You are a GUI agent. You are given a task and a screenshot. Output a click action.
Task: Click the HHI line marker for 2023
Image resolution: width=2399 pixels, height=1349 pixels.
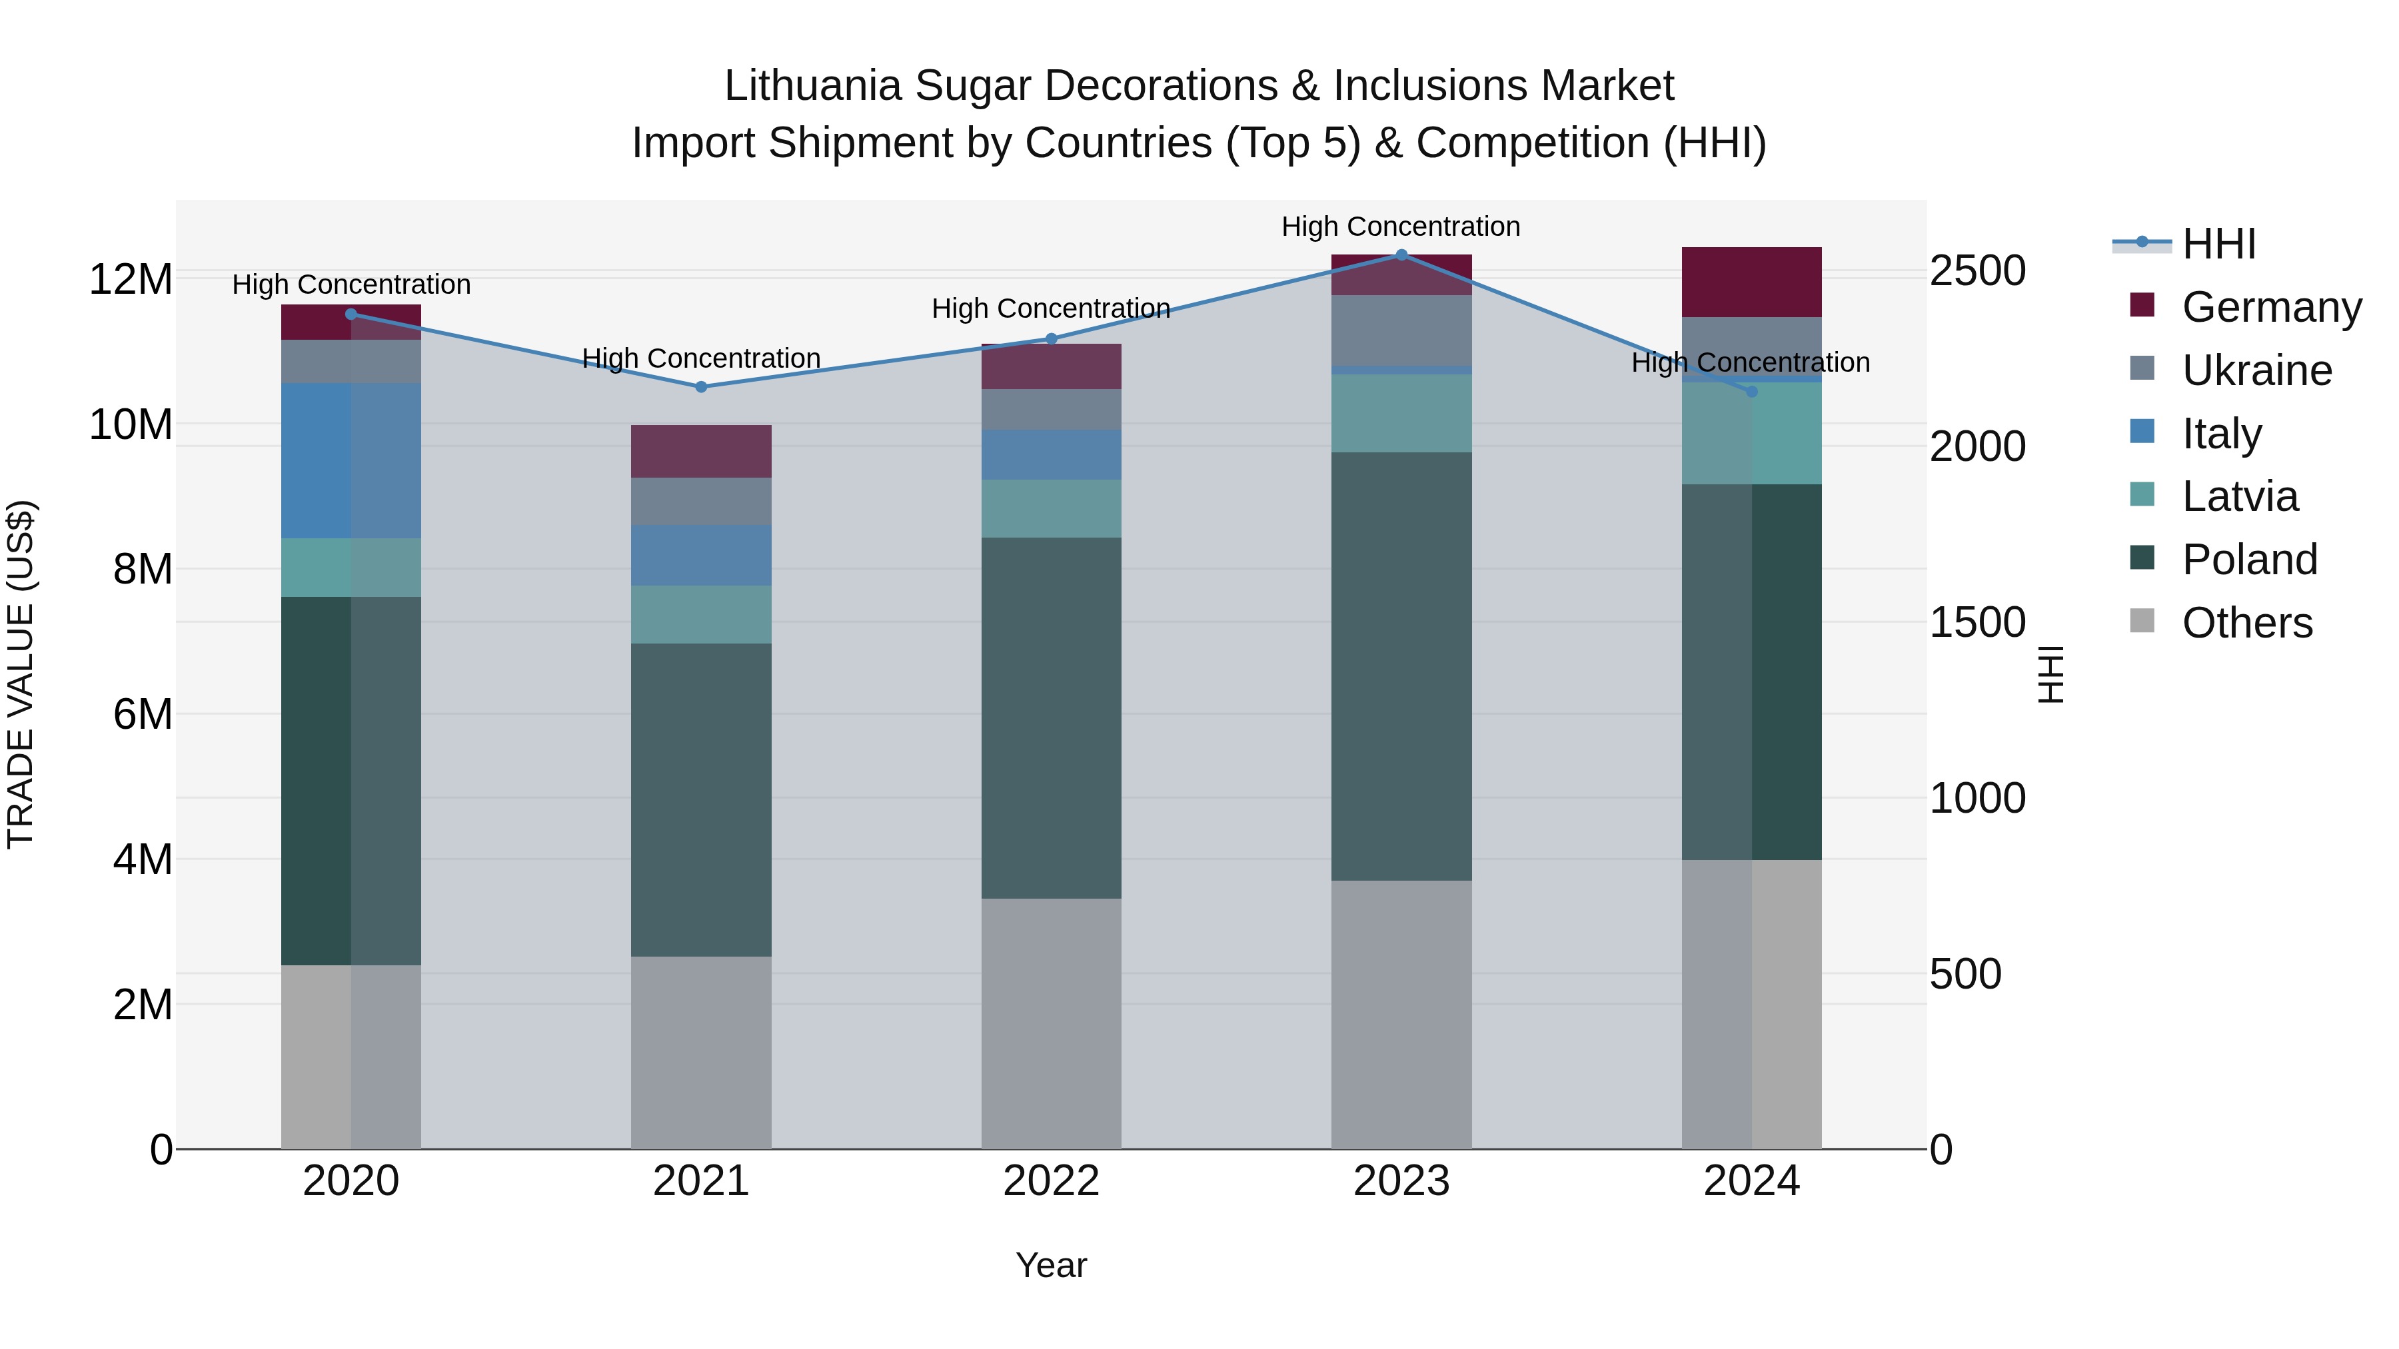click(x=1401, y=255)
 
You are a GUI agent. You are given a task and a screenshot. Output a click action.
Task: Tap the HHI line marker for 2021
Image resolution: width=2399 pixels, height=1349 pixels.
click(x=701, y=387)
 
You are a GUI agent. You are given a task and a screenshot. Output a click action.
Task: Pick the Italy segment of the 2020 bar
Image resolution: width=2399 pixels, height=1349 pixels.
click(x=351, y=461)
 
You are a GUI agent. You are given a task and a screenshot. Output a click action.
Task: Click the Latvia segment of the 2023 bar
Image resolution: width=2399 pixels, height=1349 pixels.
click(x=1401, y=413)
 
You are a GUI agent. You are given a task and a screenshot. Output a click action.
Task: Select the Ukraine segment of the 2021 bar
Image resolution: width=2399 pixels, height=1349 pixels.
click(x=701, y=502)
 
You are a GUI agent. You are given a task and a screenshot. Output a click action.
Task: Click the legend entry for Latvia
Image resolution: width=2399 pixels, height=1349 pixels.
click(x=2240, y=496)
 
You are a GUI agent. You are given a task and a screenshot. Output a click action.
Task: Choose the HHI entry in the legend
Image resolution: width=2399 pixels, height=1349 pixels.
click(x=2218, y=244)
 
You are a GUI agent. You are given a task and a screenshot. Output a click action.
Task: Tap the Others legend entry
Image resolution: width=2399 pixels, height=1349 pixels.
click(x=2246, y=623)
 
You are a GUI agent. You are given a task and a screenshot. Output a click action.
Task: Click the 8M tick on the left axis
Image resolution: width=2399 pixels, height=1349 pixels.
click(x=143, y=569)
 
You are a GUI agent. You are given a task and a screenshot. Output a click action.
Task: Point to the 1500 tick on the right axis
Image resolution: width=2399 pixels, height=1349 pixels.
click(x=1977, y=622)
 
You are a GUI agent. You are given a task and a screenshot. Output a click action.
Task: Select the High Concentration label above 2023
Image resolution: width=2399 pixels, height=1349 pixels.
click(x=1401, y=226)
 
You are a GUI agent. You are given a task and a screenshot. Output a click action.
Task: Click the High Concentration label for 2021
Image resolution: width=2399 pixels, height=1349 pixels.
click(x=701, y=358)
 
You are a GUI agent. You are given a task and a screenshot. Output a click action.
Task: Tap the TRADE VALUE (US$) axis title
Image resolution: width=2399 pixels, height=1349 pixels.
click(x=21, y=674)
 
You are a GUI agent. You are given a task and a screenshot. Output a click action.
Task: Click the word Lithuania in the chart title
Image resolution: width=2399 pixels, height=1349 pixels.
click(x=812, y=86)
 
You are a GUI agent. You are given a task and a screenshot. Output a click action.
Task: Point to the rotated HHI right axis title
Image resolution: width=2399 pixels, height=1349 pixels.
click(x=2050, y=674)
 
